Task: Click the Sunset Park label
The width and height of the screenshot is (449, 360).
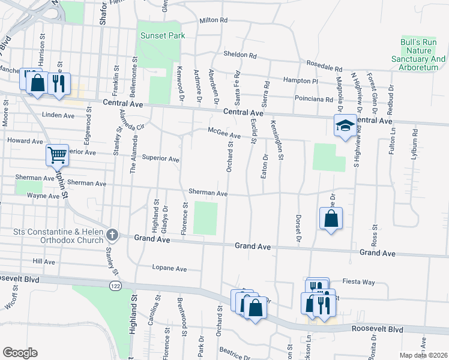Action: [162, 35]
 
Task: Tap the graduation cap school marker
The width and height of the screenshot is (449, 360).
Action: [345, 126]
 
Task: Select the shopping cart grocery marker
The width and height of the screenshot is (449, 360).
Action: [58, 156]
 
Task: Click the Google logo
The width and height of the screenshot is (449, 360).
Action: [20, 352]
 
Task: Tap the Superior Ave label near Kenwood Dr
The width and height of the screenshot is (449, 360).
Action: [161, 159]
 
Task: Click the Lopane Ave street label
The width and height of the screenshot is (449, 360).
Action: [170, 268]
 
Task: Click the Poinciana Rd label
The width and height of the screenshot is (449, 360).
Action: [313, 98]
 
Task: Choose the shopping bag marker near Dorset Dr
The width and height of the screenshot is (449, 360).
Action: [331, 219]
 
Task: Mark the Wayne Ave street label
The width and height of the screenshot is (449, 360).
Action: [43, 196]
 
